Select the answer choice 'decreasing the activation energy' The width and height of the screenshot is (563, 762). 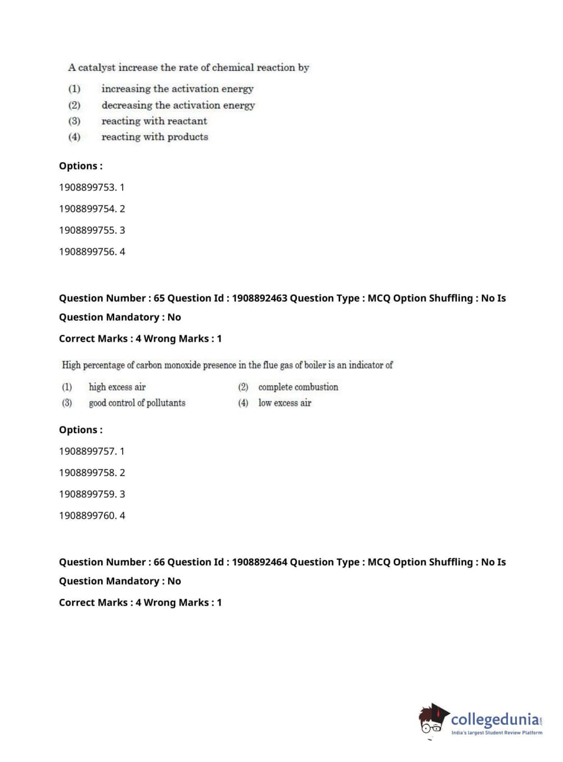pos(178,105)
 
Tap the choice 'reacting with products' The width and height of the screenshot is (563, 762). pos(155,137)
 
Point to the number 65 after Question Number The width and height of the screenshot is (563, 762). pos(159,298)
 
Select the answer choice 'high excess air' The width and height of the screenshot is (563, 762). pos(117,387)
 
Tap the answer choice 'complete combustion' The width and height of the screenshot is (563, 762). pos(298,387)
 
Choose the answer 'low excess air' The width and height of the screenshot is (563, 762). pos(285,402)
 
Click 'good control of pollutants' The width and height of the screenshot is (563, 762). pos(137,402)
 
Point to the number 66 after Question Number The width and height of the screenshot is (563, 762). pos(159,562)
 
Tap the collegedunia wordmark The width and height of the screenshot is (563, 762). pos(494,719)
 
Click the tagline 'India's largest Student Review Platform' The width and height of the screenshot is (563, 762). pos(497,733)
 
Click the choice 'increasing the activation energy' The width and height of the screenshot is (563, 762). pos(177,89)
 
